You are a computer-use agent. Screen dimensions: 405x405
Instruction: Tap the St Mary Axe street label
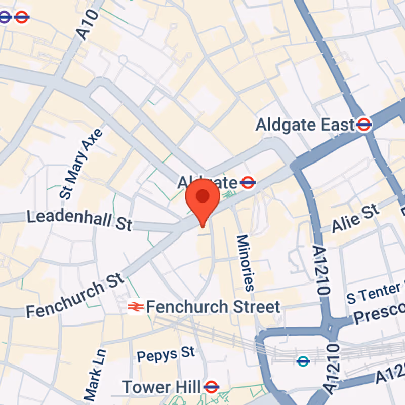(x=81, y=163)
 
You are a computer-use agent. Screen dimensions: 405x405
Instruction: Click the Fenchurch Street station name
(x=213, y=307)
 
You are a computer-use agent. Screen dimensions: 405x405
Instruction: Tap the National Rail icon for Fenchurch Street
(x=135, y=307)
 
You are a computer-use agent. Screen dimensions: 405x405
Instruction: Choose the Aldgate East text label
(x=305, y=125)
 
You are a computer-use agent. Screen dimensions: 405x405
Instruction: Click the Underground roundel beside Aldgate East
(x=364, y=124)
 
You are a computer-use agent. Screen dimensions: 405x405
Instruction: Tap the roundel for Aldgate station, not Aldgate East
(x=248, y=182)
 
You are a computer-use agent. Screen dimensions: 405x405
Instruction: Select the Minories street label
(x=245, y=262)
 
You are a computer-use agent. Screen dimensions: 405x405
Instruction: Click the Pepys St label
(x=166, y=353)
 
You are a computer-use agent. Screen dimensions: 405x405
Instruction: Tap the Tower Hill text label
(x=161, y=387)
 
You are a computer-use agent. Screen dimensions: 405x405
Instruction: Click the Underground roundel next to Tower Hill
(x=211, y=387)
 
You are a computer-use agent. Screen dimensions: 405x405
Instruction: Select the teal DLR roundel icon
(x=303, y=361)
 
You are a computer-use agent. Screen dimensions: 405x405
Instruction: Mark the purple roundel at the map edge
(x=4, y=17)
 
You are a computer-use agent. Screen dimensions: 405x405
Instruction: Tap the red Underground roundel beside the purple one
(x=21, y=17)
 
